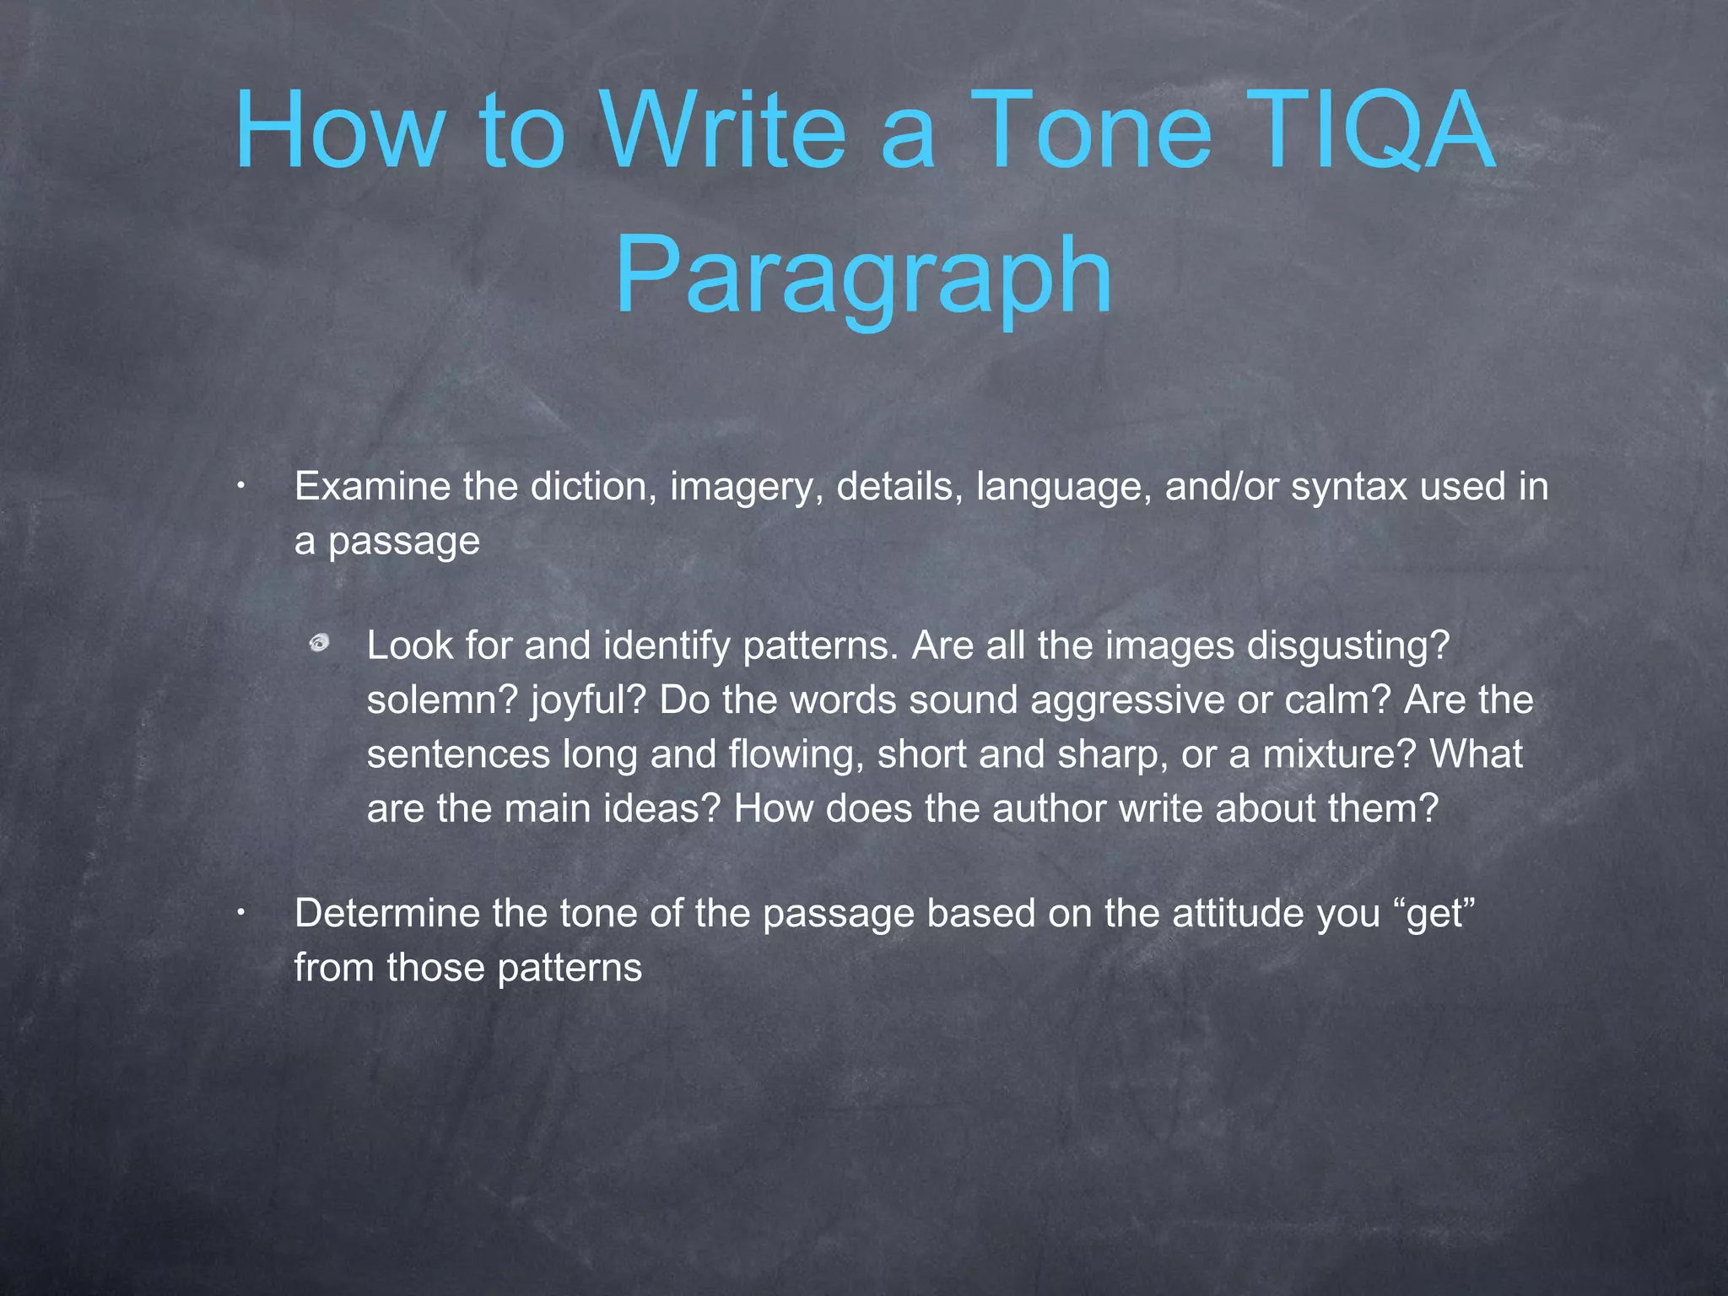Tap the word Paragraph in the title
(863, 276)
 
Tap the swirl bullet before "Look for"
(319, 645)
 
